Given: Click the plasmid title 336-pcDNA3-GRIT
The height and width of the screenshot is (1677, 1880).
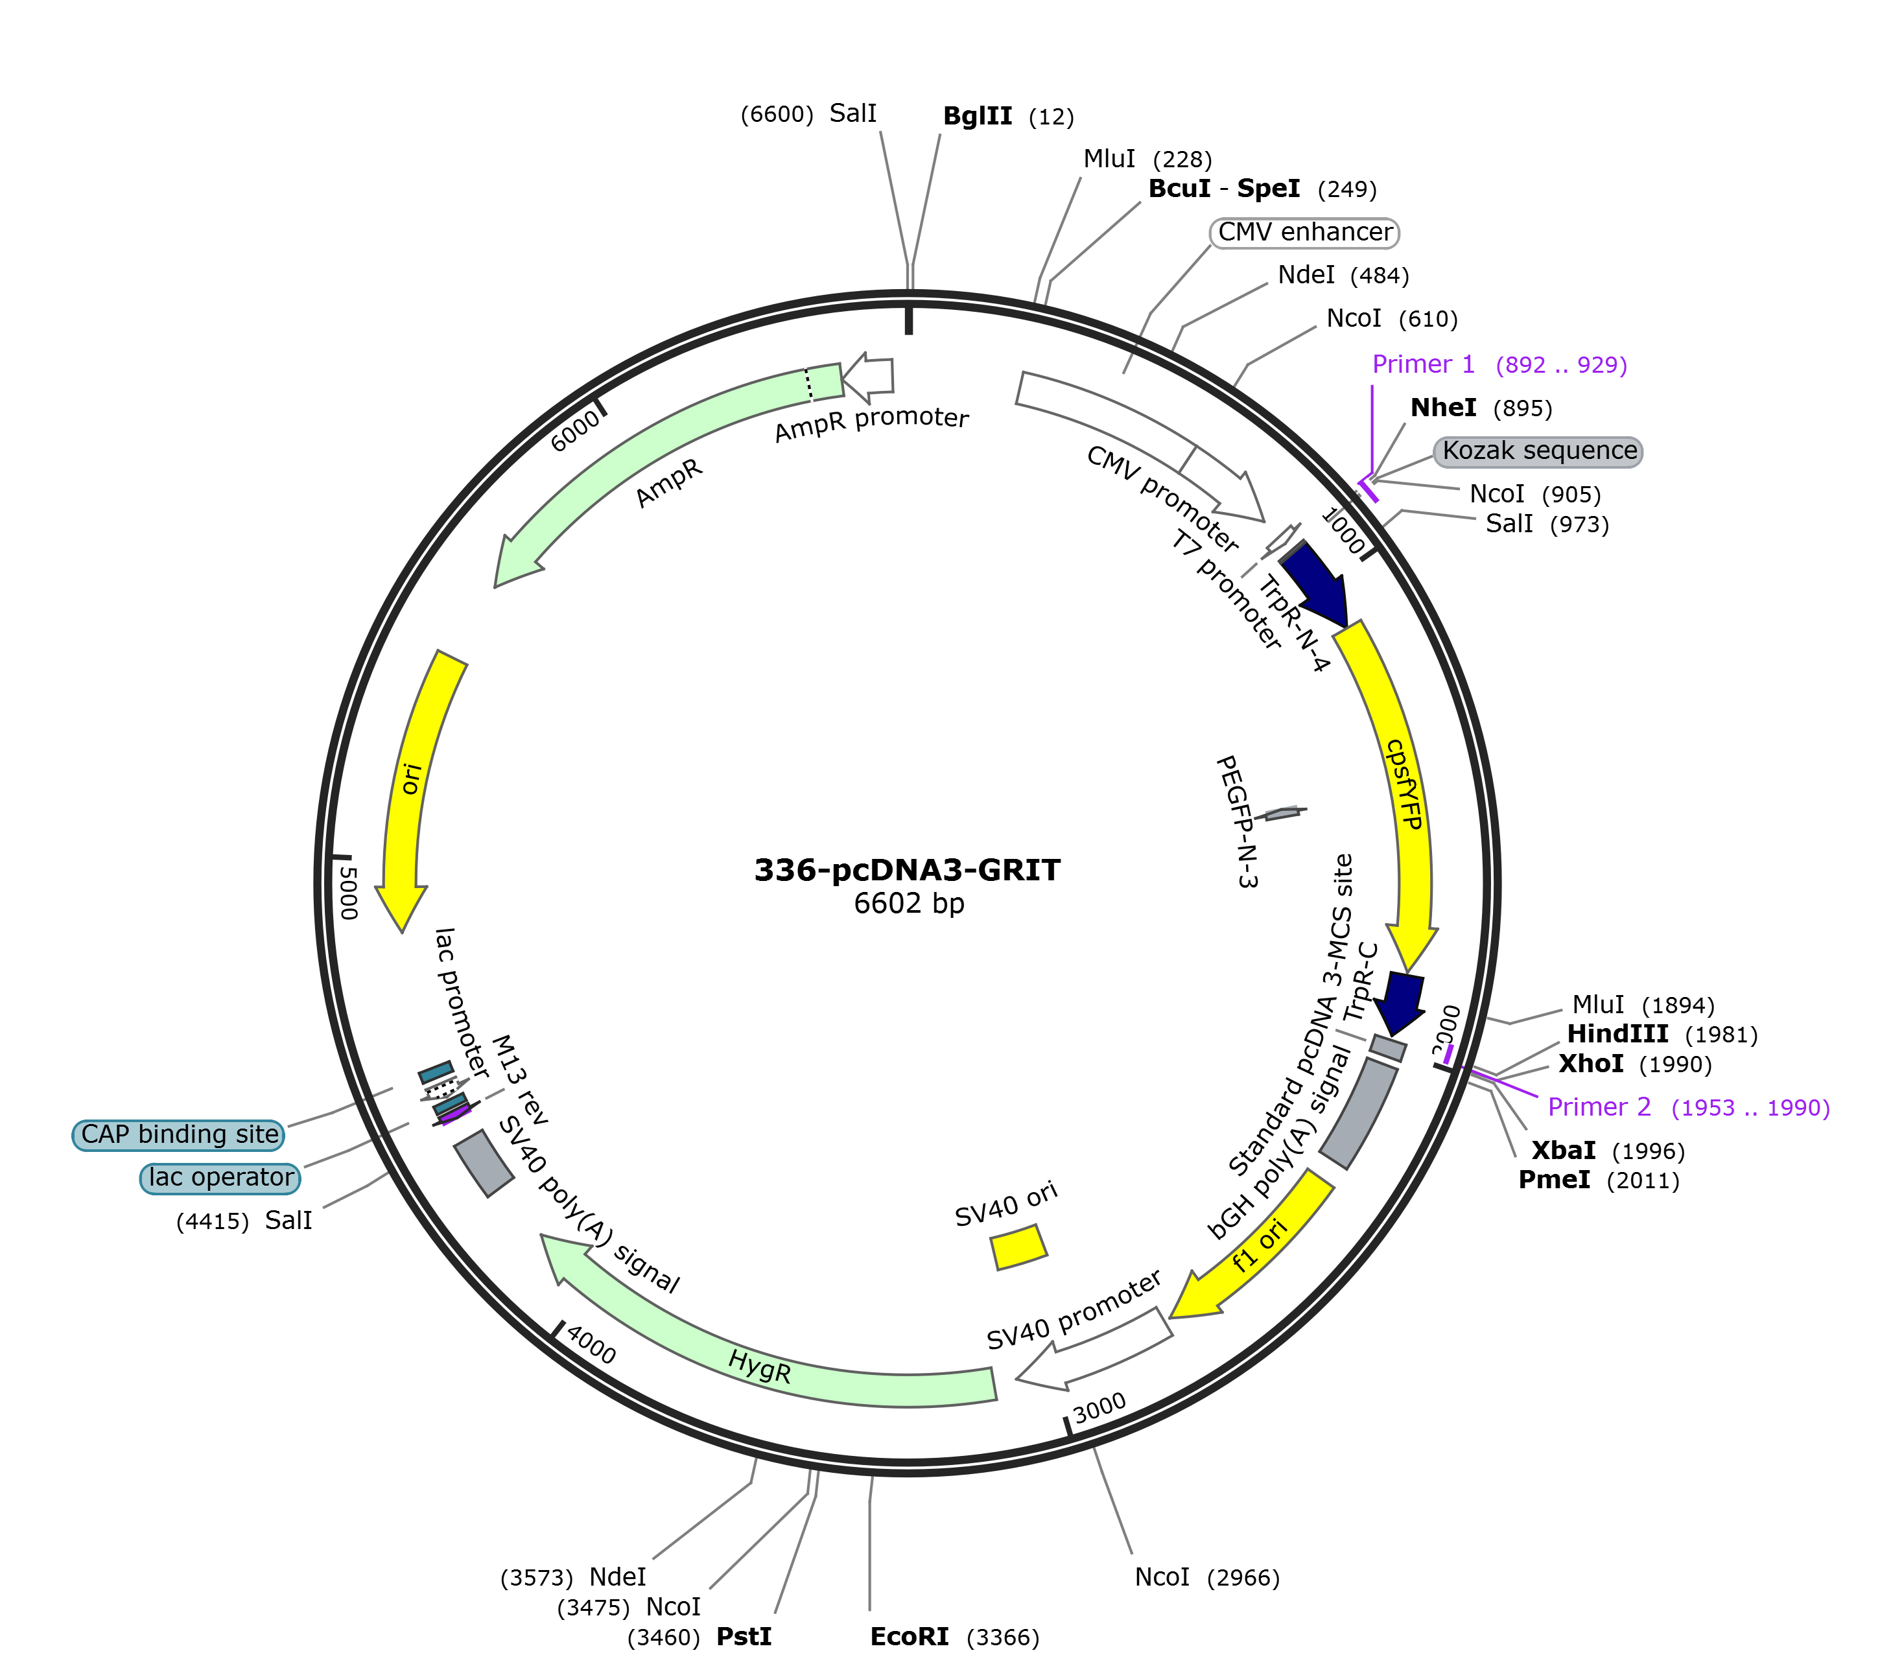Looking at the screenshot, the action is coord(908,870).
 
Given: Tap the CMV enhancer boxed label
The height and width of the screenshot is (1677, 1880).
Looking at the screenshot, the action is coord(1304,232).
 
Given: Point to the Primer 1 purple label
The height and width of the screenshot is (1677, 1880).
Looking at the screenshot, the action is coord(1499,365).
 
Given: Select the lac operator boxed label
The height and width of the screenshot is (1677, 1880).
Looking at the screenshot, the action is coord(220,1178).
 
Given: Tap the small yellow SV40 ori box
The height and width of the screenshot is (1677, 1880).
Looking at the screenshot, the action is coord(1018,1247).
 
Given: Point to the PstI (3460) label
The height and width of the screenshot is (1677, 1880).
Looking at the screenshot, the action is coord(699,1636).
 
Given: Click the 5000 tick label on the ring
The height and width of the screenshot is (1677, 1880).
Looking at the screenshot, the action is coord(347,891).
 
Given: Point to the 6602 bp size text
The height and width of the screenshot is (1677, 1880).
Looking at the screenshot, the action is coord(909,903).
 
